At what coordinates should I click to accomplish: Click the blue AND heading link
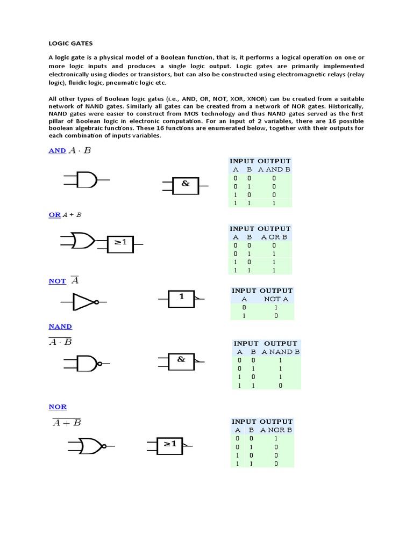click(57, 151)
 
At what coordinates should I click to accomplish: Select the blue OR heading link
click(54, 215)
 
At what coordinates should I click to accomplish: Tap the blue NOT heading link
click(57, 281)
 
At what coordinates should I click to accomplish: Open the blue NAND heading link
click(60, 327)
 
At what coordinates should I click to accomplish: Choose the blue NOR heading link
click(58, 407)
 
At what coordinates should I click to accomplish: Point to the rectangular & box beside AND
click(186, 185)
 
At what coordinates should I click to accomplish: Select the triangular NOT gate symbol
click(84, 302)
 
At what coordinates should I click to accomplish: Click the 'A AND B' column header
click(274, 170)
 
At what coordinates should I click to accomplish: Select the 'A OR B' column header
click(274, 237)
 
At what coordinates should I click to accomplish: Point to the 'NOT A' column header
click(276, 299)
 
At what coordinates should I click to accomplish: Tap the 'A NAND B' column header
click(280, 352)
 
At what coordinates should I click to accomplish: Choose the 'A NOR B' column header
click(276, 430)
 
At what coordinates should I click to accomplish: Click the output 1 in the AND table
click(274, 203)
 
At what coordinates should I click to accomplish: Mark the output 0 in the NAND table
click(280, 386)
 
